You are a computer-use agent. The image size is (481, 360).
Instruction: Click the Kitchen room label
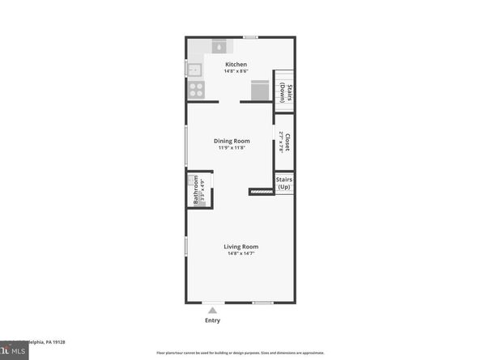(x=236, y=64)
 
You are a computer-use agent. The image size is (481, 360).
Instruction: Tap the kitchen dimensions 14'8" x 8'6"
(x=236, y=71)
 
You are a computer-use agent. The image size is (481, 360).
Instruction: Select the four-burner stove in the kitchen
(x=197, y=89)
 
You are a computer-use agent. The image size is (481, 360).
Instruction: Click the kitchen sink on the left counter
(x=195, y=69)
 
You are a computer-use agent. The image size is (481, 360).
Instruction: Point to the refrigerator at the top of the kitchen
(x=220, y=45)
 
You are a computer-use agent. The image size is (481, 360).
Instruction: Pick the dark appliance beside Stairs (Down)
(x=258, y=90)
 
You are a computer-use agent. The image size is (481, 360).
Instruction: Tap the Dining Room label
(x=232, y=141)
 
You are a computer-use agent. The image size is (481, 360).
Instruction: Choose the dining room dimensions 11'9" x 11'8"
(x=232, y=148)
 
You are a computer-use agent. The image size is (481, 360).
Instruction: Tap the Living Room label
(x=241, y=247)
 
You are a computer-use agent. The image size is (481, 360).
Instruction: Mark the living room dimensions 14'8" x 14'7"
(x=241, y=254)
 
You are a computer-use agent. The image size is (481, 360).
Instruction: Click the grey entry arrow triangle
(x=213, y=308)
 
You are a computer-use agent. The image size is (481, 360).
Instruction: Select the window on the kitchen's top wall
(x=251, y=36)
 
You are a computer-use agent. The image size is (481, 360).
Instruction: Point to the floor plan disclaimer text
(x=240, y=354)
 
